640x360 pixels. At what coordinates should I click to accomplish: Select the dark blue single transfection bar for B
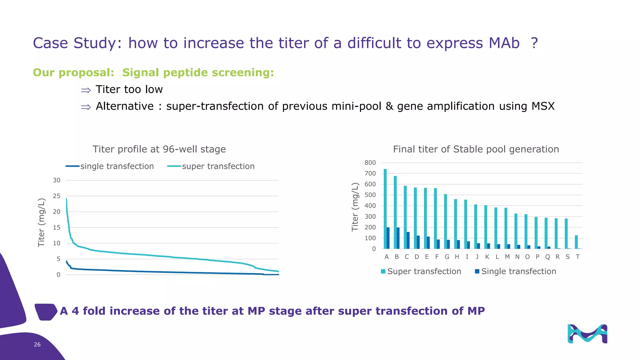click(x=398, y=238)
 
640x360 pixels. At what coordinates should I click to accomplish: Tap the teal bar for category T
click(x=576, y=242)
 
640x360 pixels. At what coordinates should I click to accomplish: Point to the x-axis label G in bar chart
click(x=447, y=257)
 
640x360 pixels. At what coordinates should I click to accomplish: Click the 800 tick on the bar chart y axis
click(x=370, y=162)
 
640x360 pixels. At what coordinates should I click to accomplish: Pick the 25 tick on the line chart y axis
click(x=57, y=196)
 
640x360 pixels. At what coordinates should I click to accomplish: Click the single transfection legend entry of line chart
click(x=117, y=166)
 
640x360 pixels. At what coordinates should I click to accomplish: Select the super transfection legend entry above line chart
click(x=218, y=166)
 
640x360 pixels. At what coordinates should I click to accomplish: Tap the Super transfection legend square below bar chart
click(x=383, y=271)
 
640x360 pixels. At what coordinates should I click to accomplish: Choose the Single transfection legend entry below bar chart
click(x=518, y=271)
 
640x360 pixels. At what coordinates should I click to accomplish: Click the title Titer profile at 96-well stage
click(x=159, y=149)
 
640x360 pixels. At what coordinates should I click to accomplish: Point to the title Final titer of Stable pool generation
click(x=476, y=149)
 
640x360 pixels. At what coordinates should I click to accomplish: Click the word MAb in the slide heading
click(x=504, y=43)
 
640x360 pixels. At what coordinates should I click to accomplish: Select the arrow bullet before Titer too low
click(x=86, y=91)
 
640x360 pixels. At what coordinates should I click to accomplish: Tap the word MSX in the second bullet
click(x=543, y=106)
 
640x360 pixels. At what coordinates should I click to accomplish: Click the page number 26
click(x=37, y=344)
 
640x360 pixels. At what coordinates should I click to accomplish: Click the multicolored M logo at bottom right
click(x=587, y=334)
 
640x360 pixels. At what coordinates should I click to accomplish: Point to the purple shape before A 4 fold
click(x=46, y=312)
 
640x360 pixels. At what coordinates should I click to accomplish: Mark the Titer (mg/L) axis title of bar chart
click(x=355, y=207)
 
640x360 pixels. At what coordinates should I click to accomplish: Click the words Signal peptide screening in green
click(x=198, y=72)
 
